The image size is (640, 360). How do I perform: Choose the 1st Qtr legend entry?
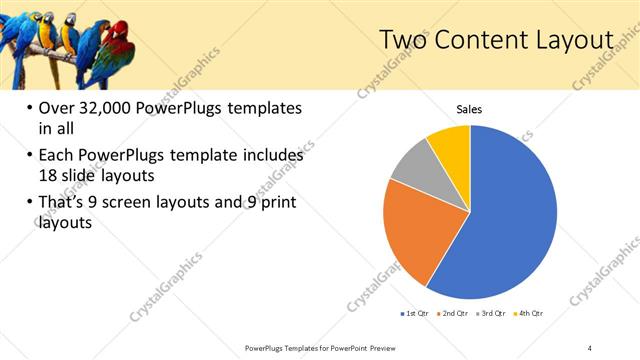tap(414, 314)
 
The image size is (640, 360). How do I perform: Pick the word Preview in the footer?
tap(380, 347)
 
